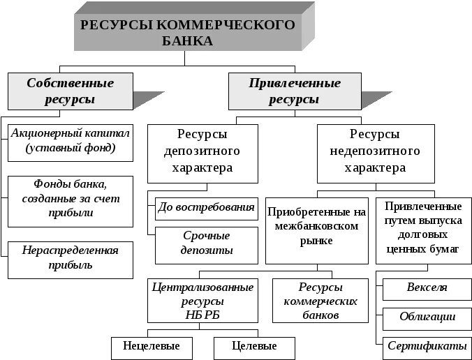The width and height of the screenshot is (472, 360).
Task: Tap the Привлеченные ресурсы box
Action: click(x=294, y=91)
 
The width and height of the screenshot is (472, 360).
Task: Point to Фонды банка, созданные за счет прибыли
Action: click(x=70, y=198)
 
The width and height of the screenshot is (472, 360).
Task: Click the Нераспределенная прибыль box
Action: click(x=70, y=257)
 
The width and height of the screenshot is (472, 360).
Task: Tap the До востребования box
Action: click(x=207, y=207)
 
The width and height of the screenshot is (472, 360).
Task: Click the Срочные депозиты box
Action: click(x=207, y=243)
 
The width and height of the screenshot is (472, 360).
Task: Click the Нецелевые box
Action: click(x=151, y=346)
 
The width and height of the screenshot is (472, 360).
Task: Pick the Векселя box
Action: click(x=426, y=287)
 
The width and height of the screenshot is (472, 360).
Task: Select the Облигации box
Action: click(x=426, y=317)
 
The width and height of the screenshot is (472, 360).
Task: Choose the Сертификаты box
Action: click(x=426, y=346)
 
